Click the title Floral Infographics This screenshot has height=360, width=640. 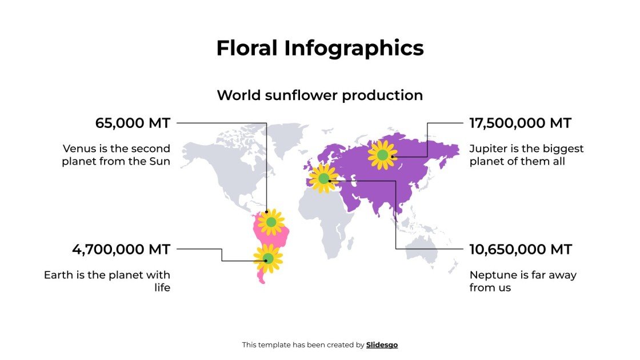(320, 48)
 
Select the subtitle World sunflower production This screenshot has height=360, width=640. (320, 95)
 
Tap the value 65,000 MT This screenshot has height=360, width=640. (133, 123)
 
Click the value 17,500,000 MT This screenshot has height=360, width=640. (520, 123)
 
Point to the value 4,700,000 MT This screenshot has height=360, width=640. (121, 250)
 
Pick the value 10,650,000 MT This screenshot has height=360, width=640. (521, 250)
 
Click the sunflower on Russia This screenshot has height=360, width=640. (382, 155)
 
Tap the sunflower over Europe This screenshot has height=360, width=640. (324, 179)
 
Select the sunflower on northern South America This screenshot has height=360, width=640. (271, 222)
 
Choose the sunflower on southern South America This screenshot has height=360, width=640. (267, 258)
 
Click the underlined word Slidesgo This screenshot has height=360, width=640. (382, 345)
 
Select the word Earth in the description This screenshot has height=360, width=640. (58, 275)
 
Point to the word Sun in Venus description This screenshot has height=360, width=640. (159, 161)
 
